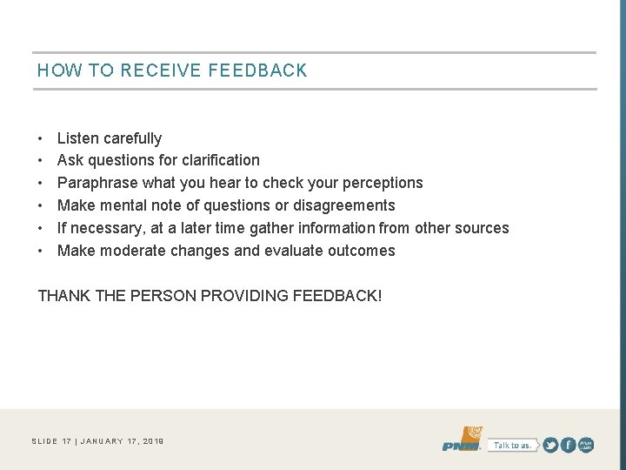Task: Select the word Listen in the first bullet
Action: coord(77,138)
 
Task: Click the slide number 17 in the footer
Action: coord(67,441)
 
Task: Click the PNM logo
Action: coord(462,440)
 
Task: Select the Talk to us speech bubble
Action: coord(511,445)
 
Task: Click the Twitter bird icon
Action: coord(551,445)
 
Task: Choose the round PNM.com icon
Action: coord(587,445)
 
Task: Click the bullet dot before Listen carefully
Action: coord(41,138)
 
